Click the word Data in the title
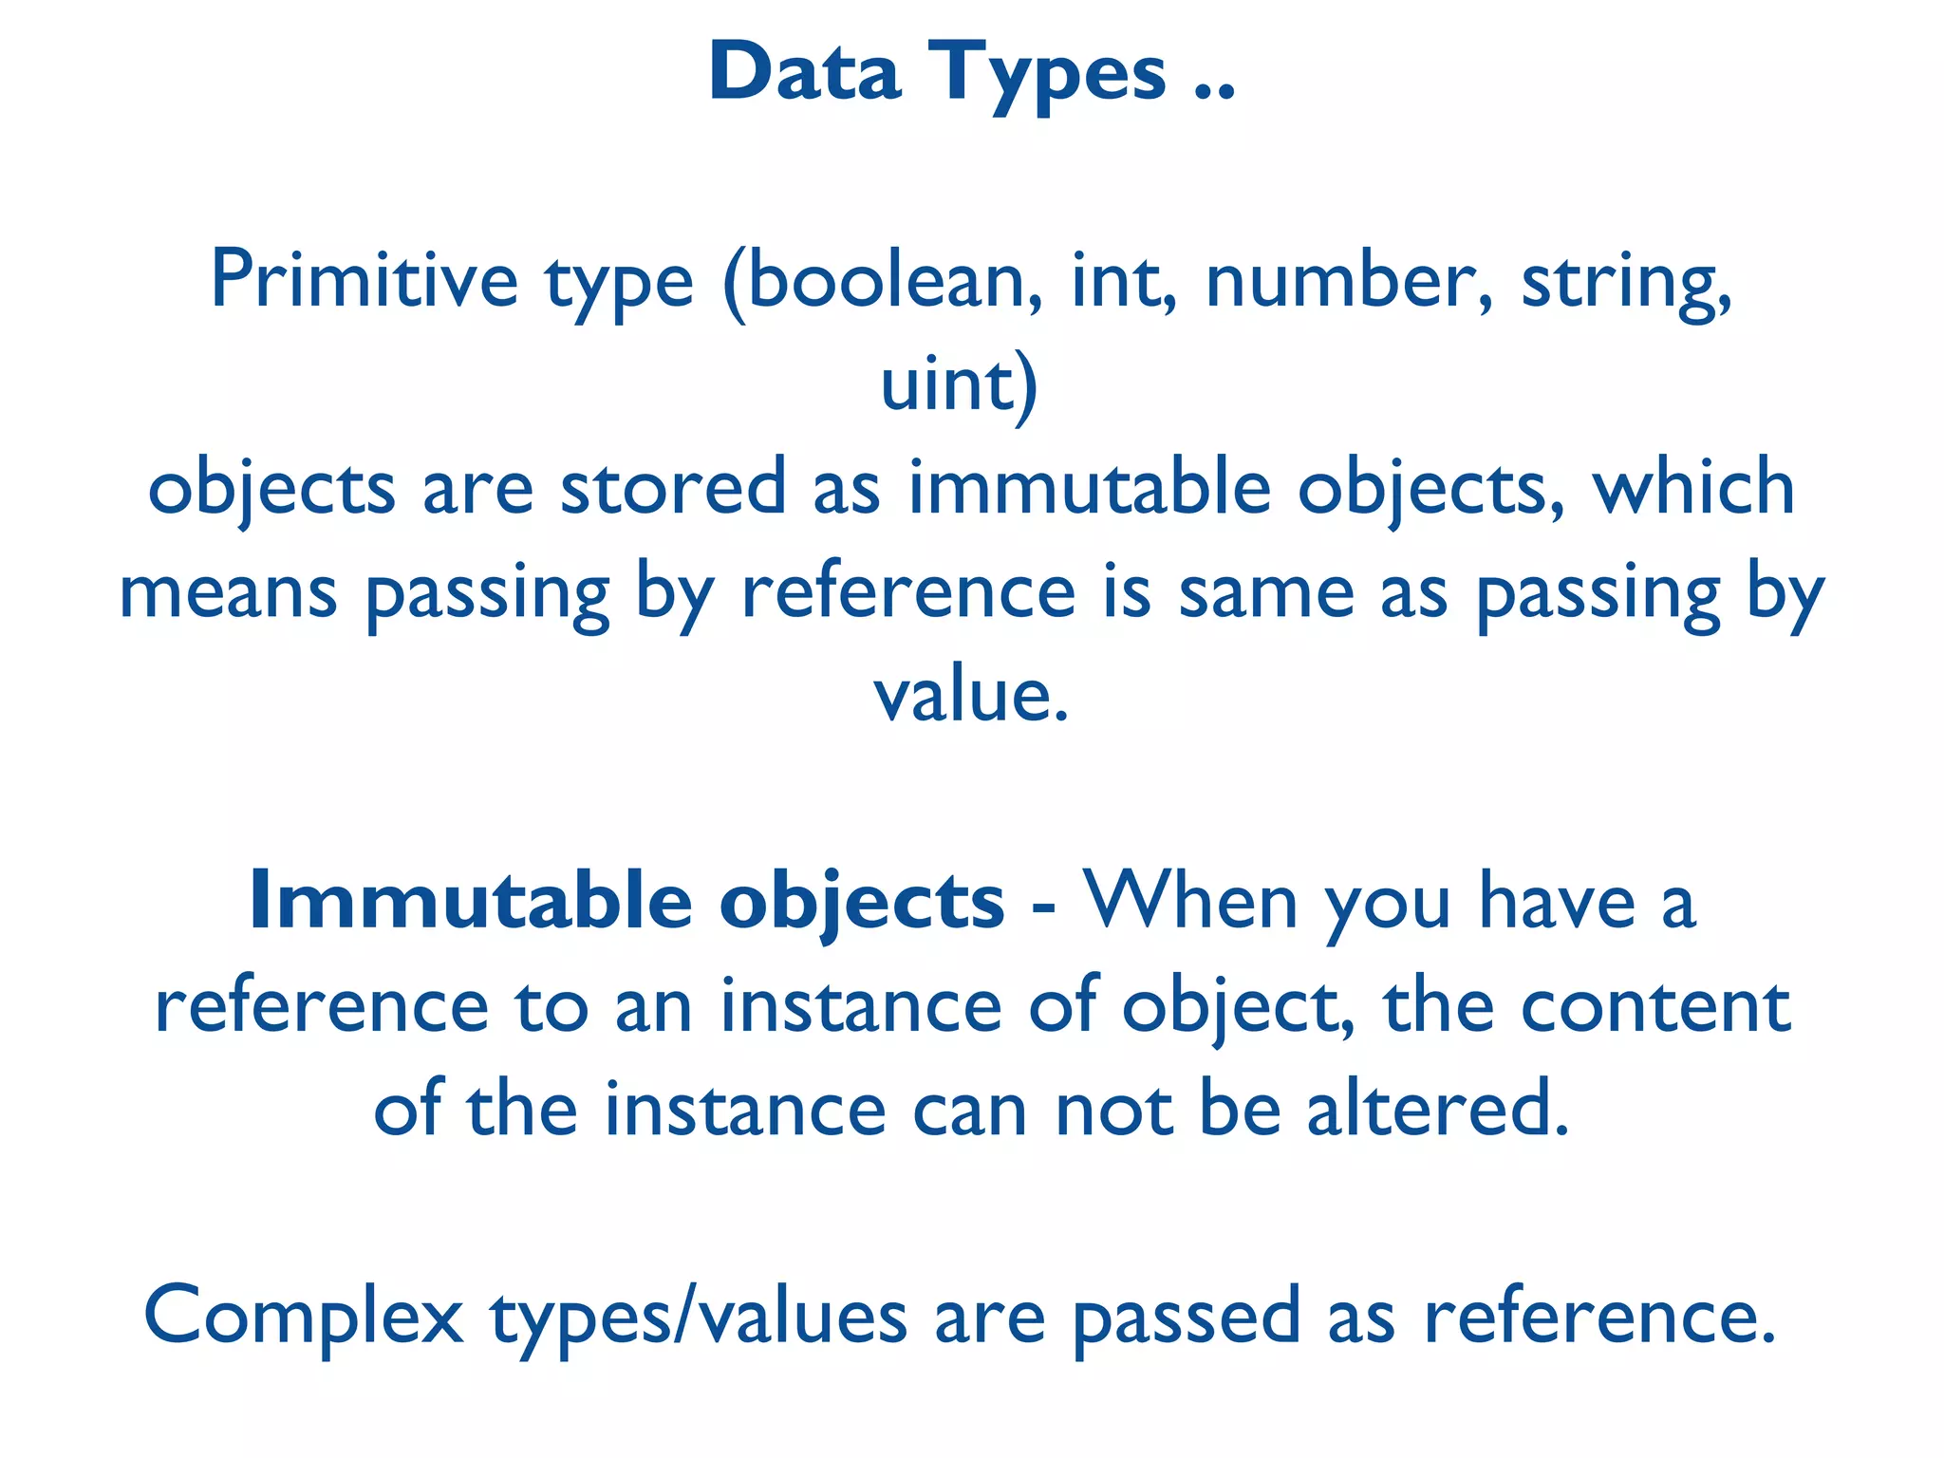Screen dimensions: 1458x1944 point(804,73)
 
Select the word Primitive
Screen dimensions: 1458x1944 point(364,281)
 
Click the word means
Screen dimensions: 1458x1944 point(229,592)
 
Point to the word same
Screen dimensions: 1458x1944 point(1265,592)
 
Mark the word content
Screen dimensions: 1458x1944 point(1655,1006)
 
